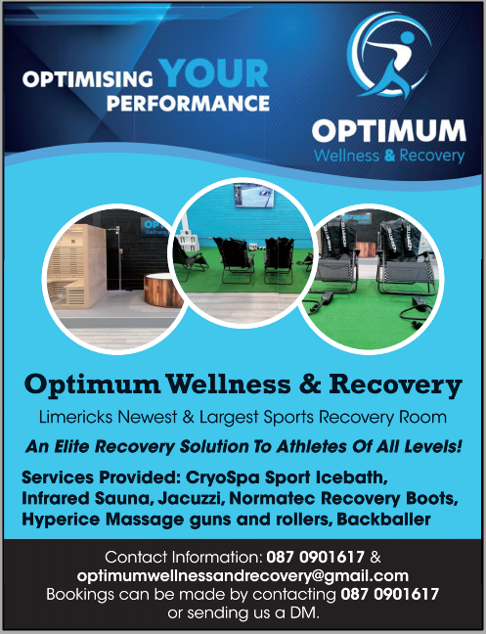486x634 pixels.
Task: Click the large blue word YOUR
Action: click(213, 73)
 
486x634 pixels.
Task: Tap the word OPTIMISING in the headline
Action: click(88, 79)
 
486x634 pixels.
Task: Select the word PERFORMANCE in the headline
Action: click(188, 103)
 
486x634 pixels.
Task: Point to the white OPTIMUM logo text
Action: click(389, 130)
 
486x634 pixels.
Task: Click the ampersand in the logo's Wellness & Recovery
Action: click(389, 156)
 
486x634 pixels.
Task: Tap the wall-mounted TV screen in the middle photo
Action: click(253, 195)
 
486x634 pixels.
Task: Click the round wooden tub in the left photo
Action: click(163, 290)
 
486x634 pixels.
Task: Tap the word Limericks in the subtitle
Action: click(75, 417)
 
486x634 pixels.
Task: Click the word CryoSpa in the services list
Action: click(223, 477)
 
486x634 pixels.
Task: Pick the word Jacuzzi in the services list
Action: click(191, 499)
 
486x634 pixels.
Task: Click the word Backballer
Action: click(383, 520)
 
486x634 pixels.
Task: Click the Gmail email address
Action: click(243, 575)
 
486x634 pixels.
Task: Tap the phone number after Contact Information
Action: click(315, 557)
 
